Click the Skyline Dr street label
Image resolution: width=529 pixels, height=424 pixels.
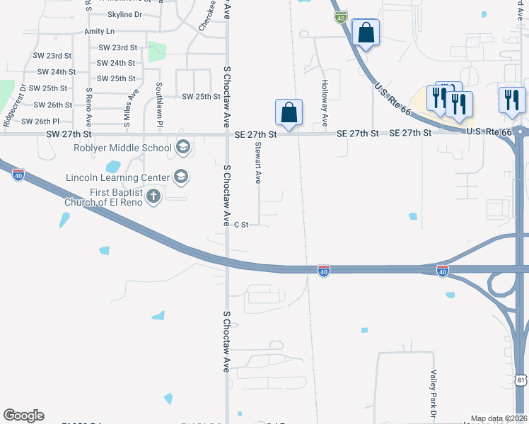[124, 14]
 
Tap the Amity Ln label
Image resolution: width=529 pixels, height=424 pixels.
[99, 32]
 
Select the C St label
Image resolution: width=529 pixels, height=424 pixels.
[241, 225]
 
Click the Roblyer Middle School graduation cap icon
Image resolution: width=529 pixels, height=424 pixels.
[182, 148]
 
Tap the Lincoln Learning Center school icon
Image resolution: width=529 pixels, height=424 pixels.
[180, 177]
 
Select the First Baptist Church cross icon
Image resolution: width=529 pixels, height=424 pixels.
[153, 196]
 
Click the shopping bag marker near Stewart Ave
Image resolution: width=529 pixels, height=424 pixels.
[289, 112]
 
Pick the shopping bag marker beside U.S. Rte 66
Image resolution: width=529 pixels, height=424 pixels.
[366, 33]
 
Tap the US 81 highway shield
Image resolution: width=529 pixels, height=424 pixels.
[521, 379]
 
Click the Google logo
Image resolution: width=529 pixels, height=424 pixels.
[23, 416]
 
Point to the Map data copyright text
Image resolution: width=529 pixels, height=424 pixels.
[499, 418]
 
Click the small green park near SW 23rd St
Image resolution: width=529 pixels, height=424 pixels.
[157, 52]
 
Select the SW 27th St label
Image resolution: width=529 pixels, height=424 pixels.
[69, 134]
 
